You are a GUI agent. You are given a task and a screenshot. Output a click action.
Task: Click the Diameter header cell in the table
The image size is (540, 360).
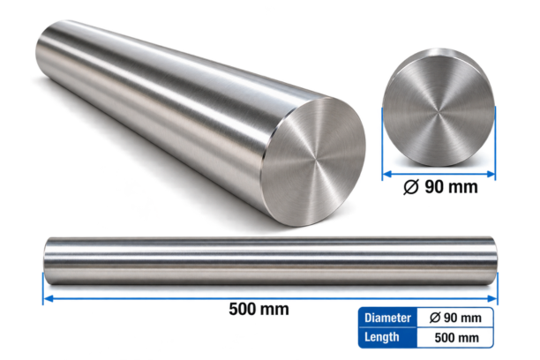tap(387, 318)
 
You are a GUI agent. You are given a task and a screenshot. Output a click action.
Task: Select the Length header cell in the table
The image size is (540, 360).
tap(387, 337)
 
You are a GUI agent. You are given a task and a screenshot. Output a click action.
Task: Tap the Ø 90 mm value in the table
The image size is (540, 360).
tap(455, 318)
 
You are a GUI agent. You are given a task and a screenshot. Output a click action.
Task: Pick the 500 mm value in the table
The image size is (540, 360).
tap(457, 338)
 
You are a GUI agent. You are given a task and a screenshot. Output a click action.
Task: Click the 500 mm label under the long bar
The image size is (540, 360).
tap(259, 309)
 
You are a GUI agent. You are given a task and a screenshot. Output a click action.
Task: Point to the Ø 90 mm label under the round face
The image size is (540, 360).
tap(440, 187)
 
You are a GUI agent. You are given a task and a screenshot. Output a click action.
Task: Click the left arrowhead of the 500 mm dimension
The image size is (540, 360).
tap(49, 298)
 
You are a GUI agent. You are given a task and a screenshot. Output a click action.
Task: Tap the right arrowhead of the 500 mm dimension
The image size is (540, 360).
tap(493, 298)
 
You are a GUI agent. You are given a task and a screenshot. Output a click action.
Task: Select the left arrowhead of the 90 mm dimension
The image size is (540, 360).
tap(387, 174)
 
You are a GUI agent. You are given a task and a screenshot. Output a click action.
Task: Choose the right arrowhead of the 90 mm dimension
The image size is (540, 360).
tap(491, 174)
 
